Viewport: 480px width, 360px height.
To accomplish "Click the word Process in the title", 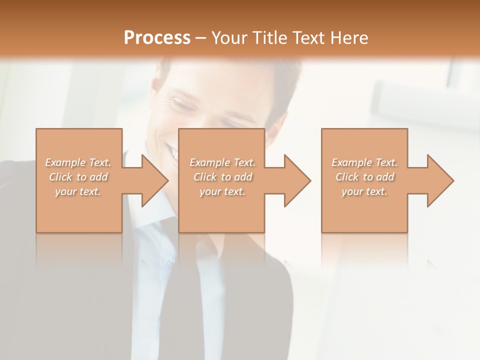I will (x=157, y=38).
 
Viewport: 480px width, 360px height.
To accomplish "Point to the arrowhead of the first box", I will (x=152, y=180).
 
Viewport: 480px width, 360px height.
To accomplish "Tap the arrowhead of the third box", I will (x=438, y=180).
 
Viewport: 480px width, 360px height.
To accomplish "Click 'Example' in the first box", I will (x=64, y=162).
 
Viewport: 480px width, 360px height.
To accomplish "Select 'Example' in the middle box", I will (x=209, y=162).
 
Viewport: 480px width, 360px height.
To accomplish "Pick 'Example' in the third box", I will (x=351, y=162).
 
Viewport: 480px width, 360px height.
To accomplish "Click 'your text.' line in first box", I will (x=78, y=191).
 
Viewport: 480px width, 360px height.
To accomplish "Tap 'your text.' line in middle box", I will (x=222, y=191).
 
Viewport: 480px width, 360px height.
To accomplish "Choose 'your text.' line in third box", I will (x=364, y=191).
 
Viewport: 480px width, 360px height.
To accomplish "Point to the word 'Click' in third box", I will (x=347, y=177).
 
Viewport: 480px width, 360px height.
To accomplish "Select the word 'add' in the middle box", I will (x=243, y=177).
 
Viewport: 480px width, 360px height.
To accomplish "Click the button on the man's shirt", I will (x=171, y=260).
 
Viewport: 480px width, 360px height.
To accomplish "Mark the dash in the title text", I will (x=201, y=38).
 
